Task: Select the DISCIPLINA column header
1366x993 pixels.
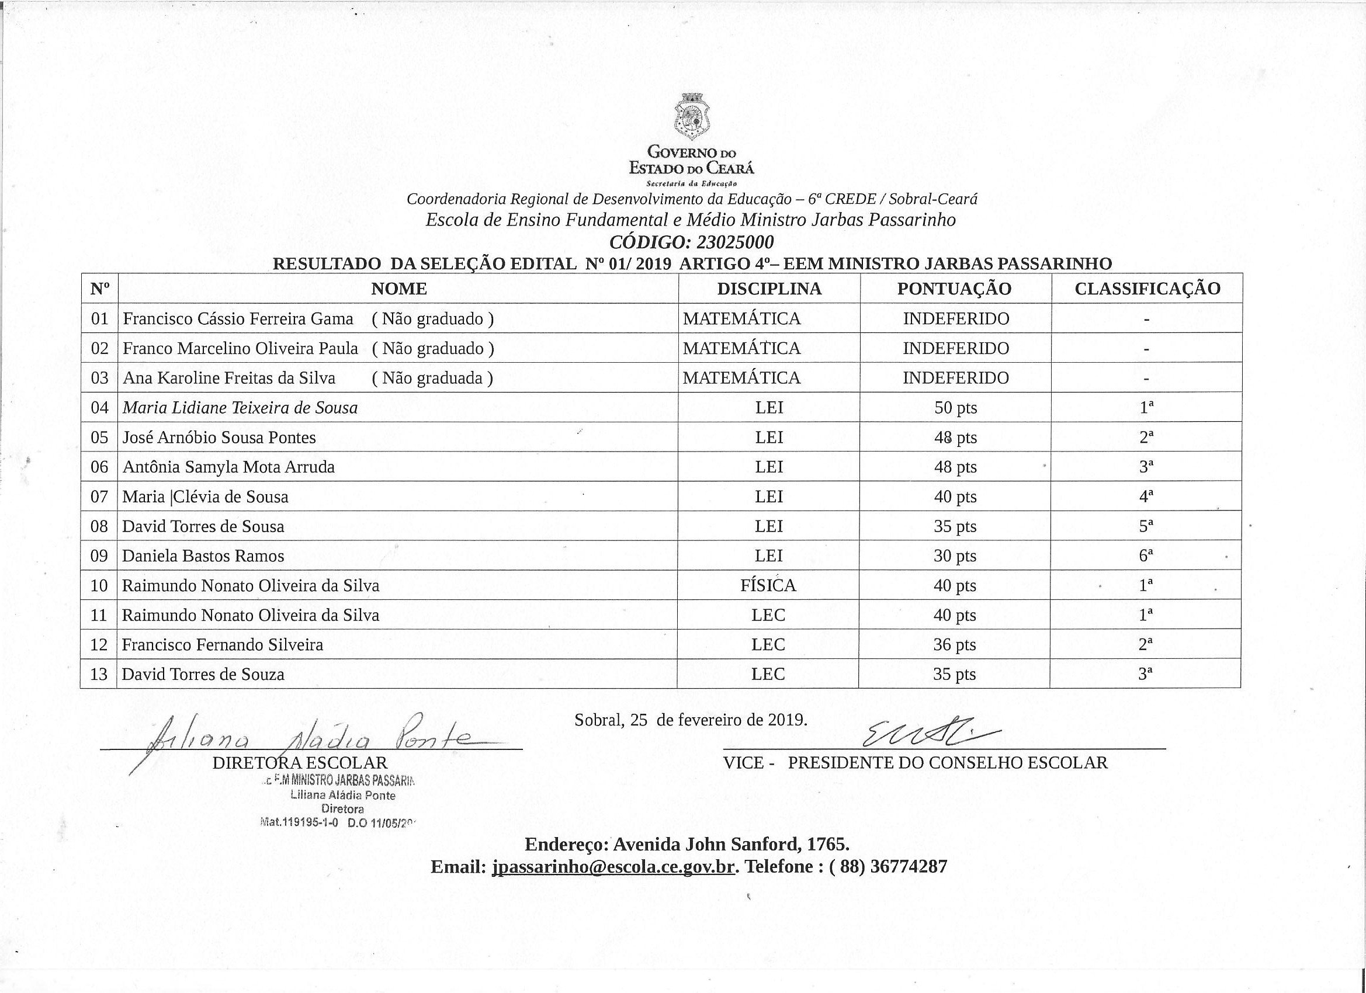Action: (769, 289)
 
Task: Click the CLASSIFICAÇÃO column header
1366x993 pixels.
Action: (1147, 289)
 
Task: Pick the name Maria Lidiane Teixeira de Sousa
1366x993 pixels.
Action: (240, 408)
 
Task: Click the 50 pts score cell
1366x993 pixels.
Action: (955, 408)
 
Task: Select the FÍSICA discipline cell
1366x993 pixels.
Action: (768, 585)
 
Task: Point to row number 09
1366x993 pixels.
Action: (99, 556)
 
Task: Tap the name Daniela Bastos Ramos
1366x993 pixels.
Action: (203, 556)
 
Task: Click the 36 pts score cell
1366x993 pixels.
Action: (955, 645)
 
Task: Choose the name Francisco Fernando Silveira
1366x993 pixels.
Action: (222, 645)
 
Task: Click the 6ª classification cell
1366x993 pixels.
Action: (1146, 556)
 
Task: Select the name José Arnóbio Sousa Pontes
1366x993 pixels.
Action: (219, 438)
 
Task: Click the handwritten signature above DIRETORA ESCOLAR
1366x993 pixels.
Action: (307, 738)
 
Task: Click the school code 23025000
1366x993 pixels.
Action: (735, 242)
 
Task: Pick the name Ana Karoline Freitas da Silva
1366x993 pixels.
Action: (229, 378)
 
